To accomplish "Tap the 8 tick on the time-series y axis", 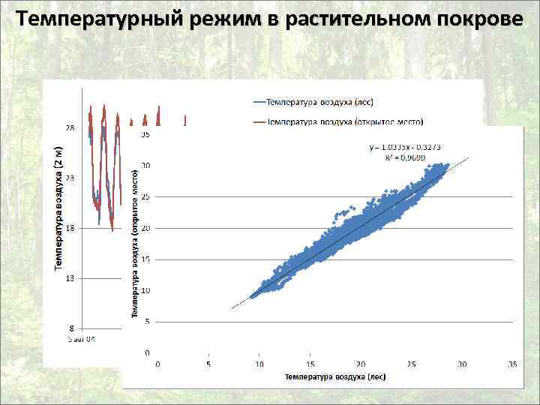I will point(70,328).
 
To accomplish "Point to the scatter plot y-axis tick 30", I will point(145,166).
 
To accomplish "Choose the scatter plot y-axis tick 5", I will point(148,321).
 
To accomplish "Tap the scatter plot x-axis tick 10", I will point(259,364).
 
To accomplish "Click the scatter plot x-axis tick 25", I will point(411,364).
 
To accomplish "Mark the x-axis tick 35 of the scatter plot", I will point(513,364).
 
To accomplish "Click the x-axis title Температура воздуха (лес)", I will point(335,377).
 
